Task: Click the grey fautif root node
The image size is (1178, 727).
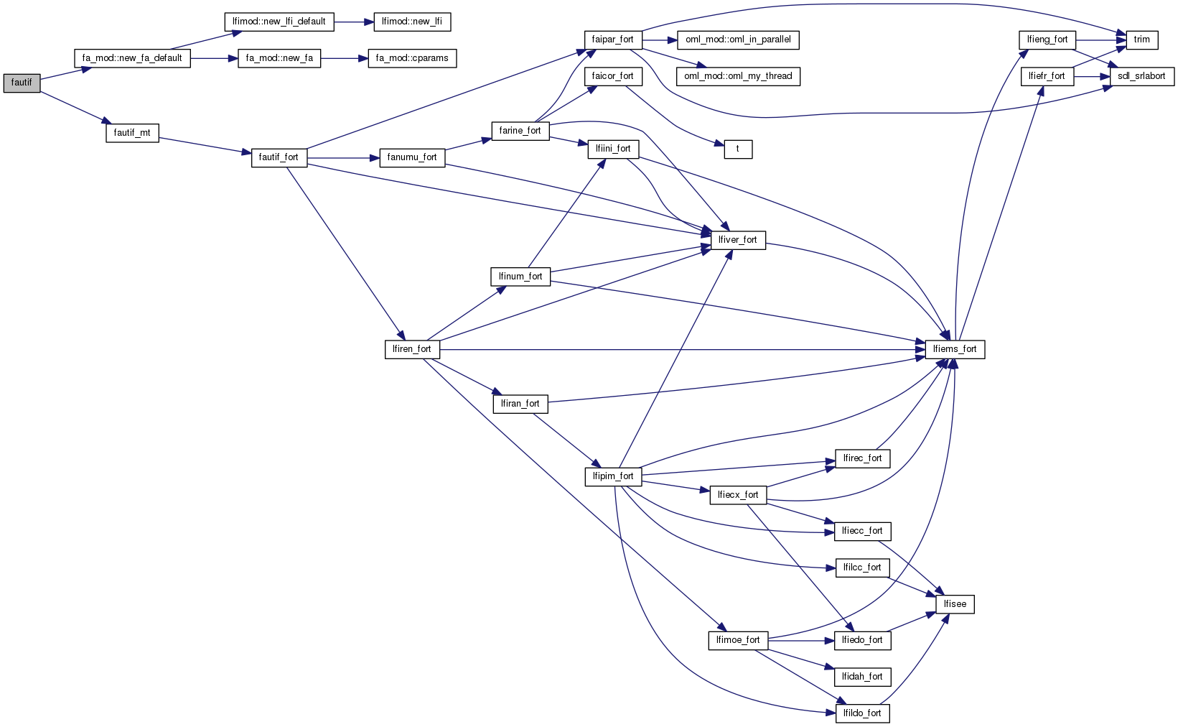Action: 22,83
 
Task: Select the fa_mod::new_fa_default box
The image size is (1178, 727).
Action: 132,58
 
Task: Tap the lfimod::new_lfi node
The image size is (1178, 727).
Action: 412,22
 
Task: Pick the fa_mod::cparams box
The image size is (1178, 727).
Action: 412,58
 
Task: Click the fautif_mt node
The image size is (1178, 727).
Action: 132,133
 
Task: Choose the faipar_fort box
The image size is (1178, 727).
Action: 612,40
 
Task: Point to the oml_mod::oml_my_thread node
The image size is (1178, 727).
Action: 738,76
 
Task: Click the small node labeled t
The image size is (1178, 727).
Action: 737,149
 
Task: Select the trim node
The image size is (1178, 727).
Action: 1141,40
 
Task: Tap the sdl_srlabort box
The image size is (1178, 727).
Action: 1141,76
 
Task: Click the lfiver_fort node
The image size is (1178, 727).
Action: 738,240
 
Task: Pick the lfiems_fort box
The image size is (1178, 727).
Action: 955,349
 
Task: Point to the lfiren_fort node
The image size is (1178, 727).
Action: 412,349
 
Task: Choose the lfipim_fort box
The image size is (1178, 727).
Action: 613,476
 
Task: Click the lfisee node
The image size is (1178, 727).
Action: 955,604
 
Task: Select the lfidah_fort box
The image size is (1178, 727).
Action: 862,677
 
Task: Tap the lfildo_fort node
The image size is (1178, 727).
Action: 862,713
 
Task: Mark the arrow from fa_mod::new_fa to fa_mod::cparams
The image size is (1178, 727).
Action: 345,58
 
